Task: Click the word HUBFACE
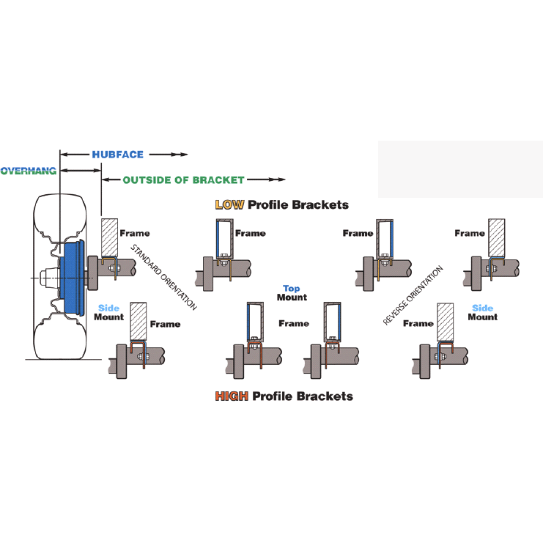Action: click(x=117, y=155)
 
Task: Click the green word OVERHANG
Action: click(x=29, y=171)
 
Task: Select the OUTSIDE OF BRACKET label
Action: click(x=183, y=180)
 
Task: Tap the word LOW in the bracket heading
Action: click(x=229, y=204)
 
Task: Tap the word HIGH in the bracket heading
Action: click(x=232, y=396)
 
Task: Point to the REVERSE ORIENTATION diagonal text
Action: click(x=414, y=295)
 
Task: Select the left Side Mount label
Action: click(x=109, y=313)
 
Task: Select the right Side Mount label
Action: click(x=482, y=313)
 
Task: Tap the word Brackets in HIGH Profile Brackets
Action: click(x=327, y=396)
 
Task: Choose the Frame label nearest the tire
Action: click(x=135, y=233)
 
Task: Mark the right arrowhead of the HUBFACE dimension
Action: click(x=184, y=155)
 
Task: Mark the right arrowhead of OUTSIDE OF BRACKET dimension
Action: click(x=280, y=180)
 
